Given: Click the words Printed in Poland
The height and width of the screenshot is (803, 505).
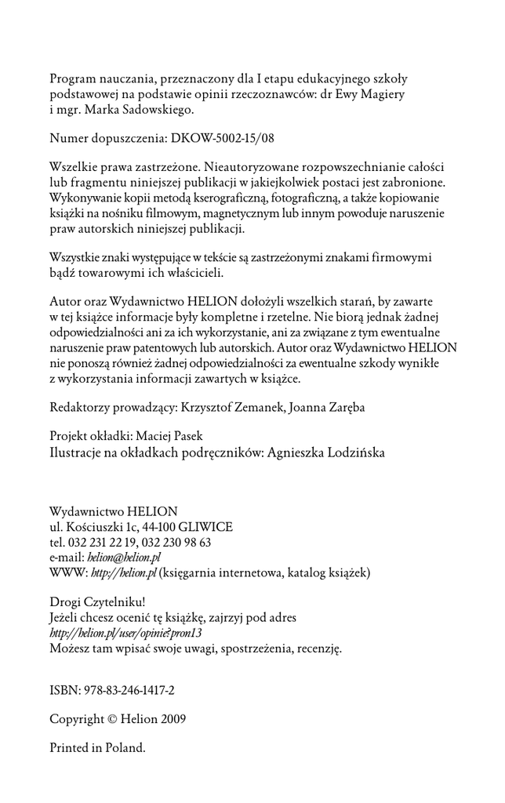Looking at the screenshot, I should [x=97, y=747].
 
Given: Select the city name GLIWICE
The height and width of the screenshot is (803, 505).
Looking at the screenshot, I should [x=205, y=527].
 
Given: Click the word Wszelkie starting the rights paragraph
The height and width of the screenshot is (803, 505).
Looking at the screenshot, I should [x=76, y=168].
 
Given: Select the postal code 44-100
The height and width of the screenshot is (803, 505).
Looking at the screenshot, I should [x=157, y=527].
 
